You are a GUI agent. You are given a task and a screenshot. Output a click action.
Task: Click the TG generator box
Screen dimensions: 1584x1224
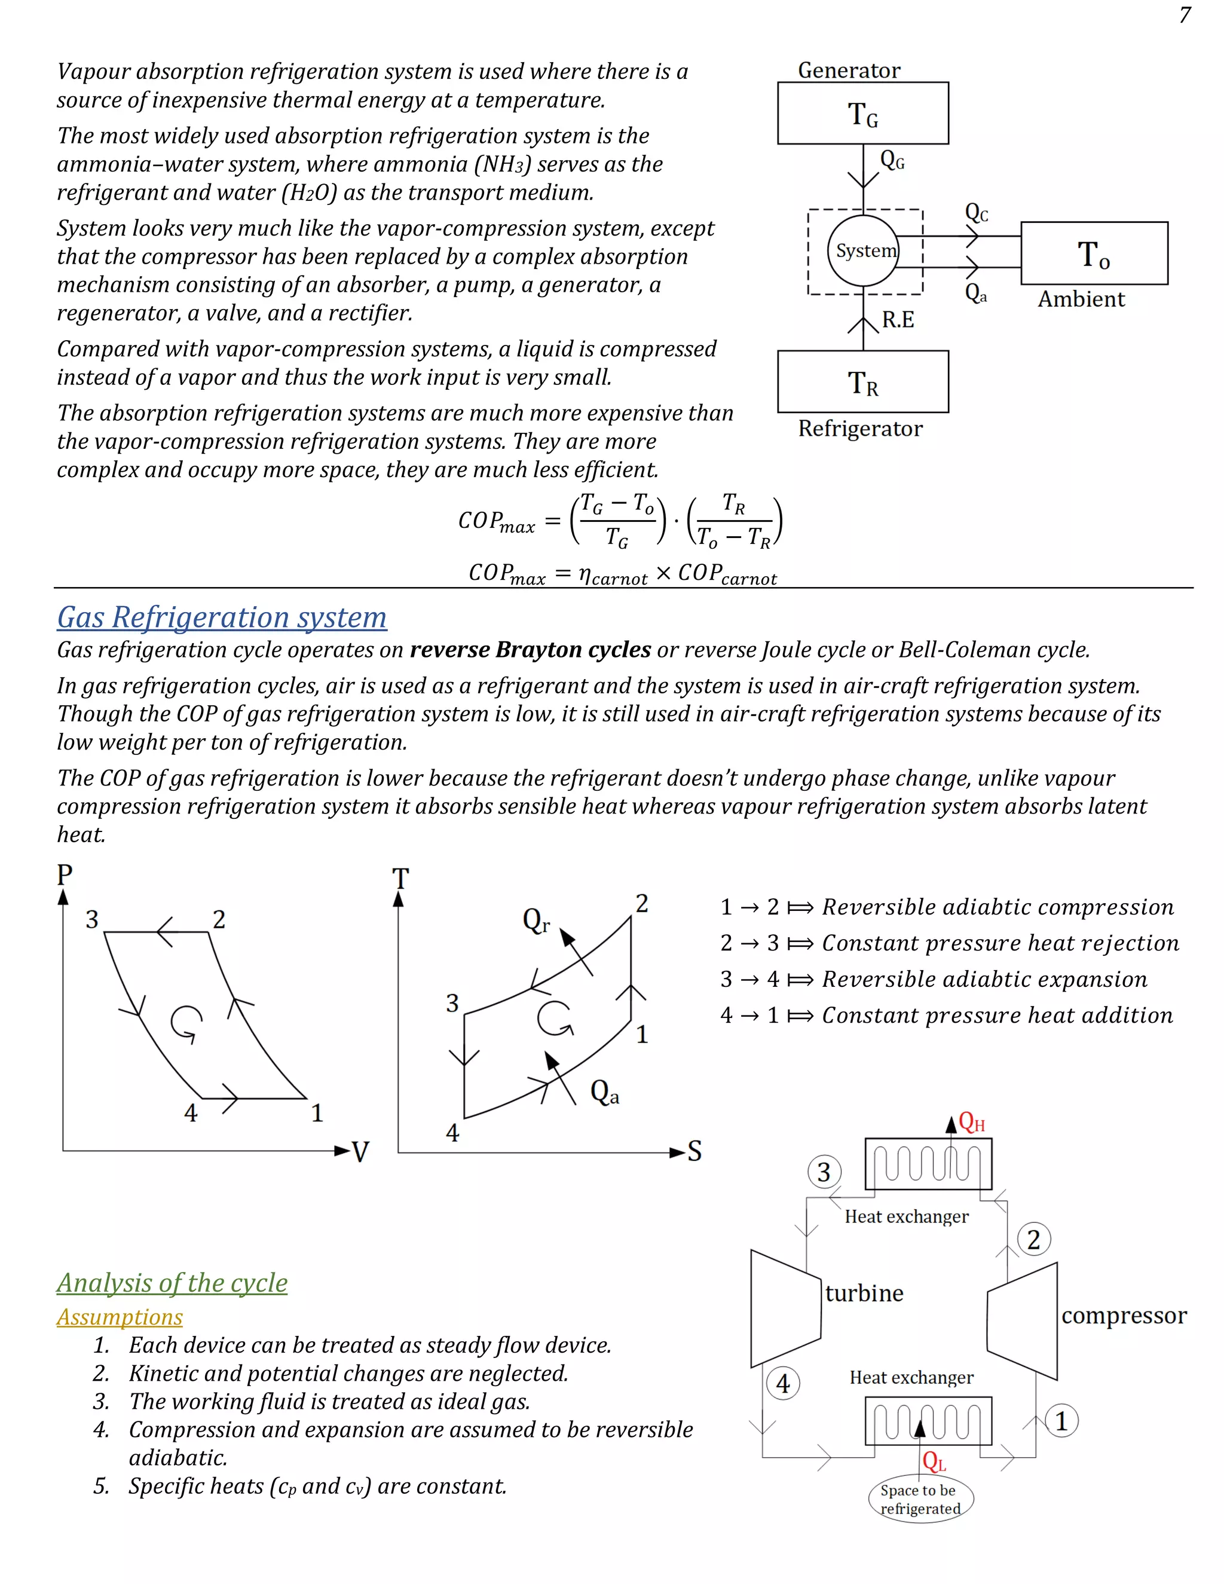click(862, 113)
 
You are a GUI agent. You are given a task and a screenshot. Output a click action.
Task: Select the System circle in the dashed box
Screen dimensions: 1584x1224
click(864, 250)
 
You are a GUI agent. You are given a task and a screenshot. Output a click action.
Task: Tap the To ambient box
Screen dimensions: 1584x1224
click(1094, 253)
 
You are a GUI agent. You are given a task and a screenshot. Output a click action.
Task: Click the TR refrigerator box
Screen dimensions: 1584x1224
click(862, 382)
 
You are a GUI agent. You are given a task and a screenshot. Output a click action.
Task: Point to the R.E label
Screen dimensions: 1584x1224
click(898, 320)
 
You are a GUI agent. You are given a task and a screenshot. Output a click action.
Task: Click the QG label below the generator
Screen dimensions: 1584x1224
click(892, 160)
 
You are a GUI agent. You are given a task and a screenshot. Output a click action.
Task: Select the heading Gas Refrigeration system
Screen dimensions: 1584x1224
click(222, 617)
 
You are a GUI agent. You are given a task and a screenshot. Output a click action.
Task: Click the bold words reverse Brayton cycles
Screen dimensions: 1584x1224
click(530, 650)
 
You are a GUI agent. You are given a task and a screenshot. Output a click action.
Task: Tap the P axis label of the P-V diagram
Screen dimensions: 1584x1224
click(65, 874)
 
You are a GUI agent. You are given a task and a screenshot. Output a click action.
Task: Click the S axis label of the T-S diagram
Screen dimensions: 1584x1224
click(694, 1151)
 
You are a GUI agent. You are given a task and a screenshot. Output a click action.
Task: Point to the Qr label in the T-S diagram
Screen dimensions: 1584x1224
click(536, 921)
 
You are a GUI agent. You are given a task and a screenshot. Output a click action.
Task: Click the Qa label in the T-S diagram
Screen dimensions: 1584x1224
click(604, 1091)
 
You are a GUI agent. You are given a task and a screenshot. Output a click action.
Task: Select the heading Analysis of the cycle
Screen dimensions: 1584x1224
click(172, 1283)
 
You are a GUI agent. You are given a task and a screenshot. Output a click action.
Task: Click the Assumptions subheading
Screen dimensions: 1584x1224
click(120, 1317)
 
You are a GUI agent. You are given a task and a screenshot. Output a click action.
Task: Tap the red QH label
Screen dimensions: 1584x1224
click(972, 1122)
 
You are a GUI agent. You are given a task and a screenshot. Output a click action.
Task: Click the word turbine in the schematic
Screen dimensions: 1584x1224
click(864, 1293)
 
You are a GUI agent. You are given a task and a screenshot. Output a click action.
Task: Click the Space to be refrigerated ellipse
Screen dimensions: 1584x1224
click(920, 1499)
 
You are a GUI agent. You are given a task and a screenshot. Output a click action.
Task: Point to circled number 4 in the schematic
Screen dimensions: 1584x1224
click(782, 1384)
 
